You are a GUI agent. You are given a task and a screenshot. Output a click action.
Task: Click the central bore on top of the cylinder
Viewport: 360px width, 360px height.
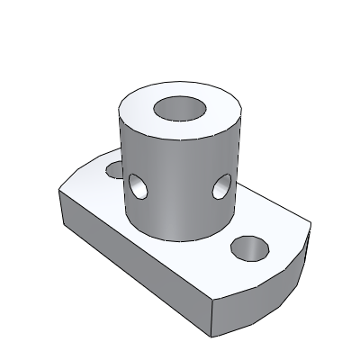coord(180,109)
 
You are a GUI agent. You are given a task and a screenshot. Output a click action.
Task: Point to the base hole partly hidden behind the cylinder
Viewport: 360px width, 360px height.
coord(113,168)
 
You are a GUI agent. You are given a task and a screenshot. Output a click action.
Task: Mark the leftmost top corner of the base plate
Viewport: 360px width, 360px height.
coord(59,190)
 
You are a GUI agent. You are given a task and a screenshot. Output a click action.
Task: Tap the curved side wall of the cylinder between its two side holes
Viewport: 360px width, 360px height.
coord(180,193)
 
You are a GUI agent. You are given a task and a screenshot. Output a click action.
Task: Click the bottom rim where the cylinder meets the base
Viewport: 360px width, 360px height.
coord(180,238)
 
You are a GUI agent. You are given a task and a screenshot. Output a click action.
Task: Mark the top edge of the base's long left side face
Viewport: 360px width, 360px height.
coord(135,241)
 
